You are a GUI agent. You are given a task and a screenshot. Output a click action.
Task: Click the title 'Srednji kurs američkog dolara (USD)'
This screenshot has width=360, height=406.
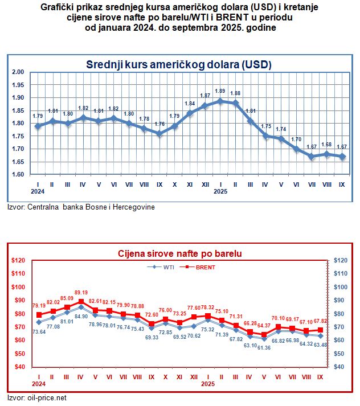coord(178,64)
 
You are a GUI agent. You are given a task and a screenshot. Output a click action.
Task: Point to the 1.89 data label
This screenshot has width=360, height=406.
coord(220,91)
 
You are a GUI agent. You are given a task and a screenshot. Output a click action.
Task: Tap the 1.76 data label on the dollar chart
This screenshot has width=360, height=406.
coord(159,124)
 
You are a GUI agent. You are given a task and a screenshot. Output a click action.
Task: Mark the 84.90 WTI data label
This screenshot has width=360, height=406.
coord(81,316)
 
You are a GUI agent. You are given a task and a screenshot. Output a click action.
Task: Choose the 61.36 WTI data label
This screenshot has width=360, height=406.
coord(264,347)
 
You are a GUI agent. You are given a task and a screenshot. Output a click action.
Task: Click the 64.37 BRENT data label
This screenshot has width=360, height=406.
coord(264,325)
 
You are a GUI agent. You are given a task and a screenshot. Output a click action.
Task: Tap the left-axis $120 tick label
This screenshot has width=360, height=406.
coord(17,260)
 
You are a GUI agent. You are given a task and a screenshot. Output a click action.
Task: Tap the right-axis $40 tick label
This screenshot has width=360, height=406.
coord(341,367)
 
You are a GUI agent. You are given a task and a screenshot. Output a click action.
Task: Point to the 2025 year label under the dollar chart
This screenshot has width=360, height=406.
coord(220,192)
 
